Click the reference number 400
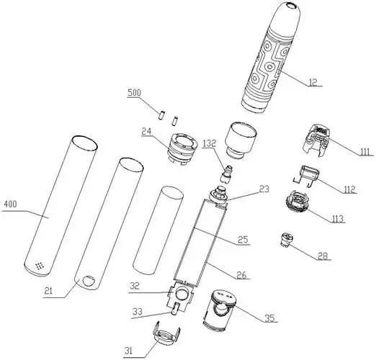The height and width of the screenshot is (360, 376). point(11,204)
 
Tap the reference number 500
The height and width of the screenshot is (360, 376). point(134,92)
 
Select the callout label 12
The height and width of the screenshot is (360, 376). point(313,82)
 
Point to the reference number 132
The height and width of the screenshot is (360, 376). point(210,143)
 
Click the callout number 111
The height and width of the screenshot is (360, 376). point(365,152)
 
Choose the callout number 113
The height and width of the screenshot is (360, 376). point(338,219)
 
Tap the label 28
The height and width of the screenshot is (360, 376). point(323,256)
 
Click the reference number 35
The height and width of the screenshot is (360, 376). point(269,318)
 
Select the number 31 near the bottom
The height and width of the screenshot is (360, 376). point(128,351)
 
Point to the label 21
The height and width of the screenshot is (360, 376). point(48,291)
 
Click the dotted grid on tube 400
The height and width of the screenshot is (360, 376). point(40,266)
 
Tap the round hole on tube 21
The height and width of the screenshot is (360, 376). point(89,281)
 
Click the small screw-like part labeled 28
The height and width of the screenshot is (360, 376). point(287,240)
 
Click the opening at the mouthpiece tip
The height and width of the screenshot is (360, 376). point(291,5)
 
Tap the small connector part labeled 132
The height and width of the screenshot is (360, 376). point(226,174)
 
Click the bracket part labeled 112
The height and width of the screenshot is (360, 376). point(306,175)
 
